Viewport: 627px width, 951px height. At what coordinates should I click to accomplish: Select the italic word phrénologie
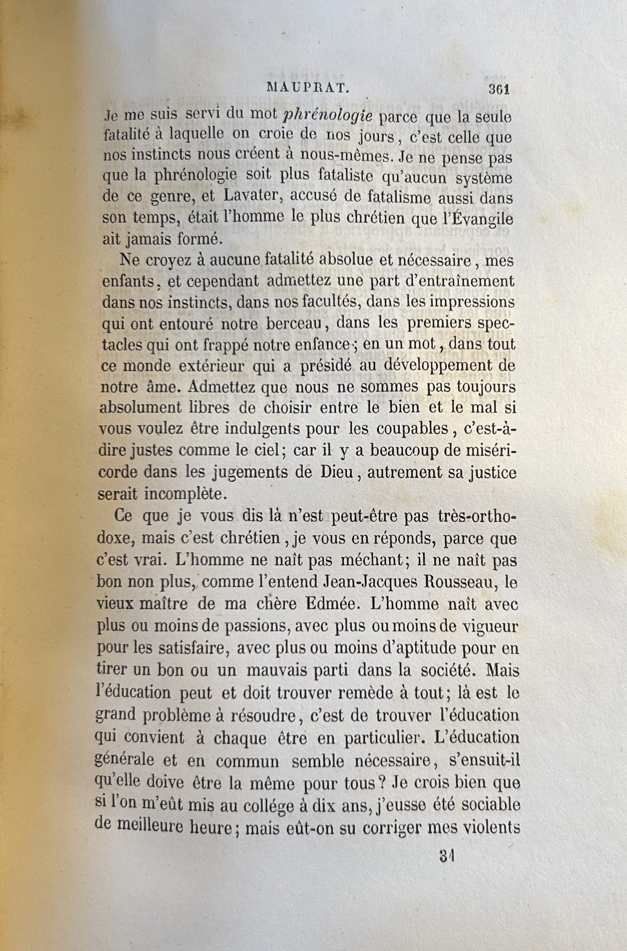point(328,117)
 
